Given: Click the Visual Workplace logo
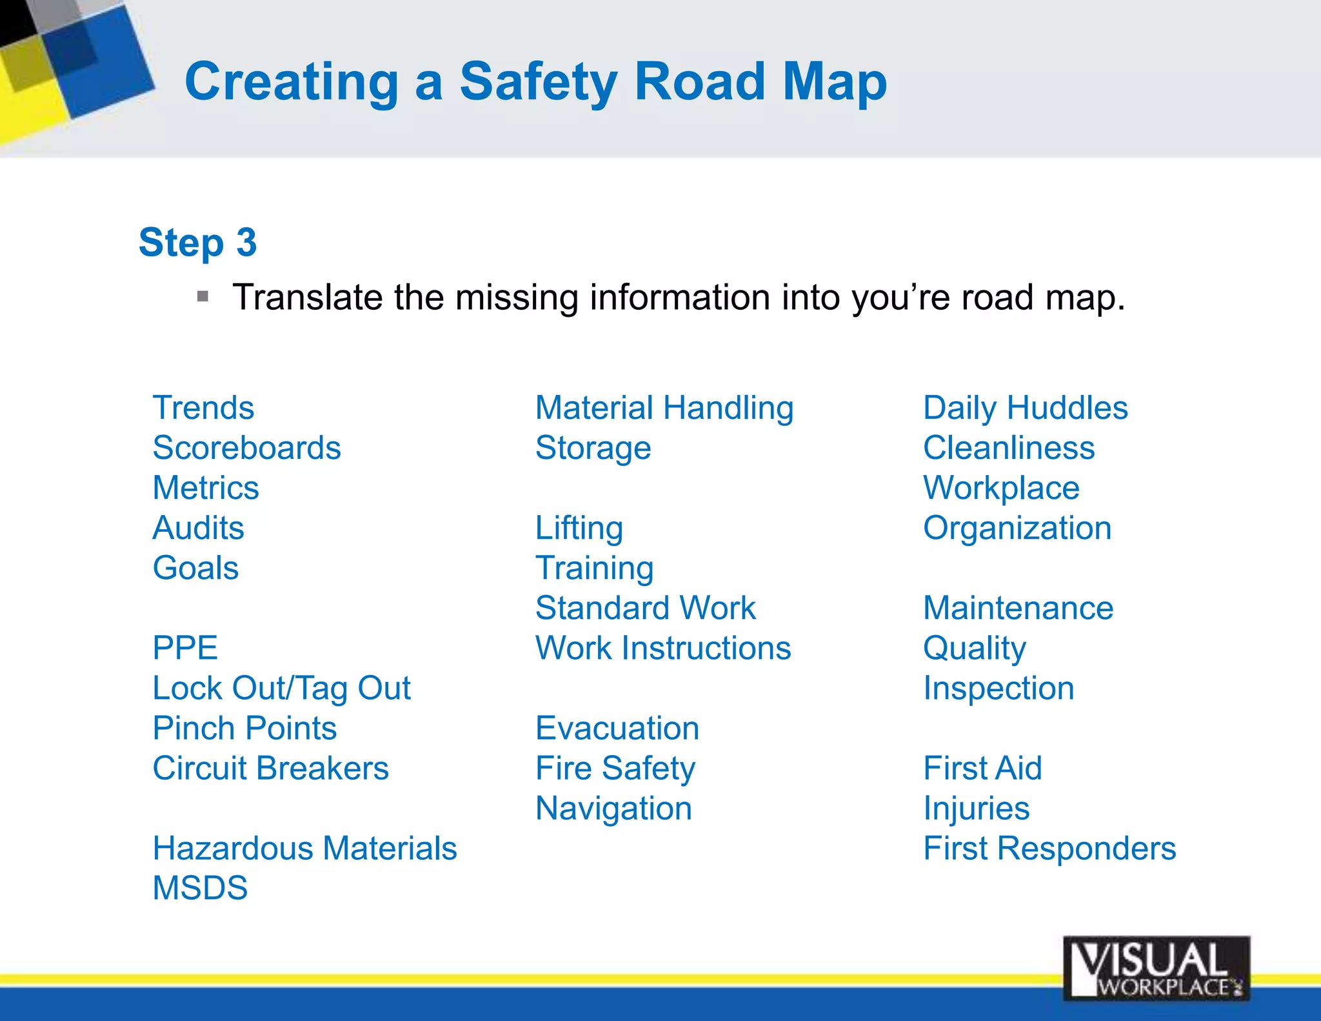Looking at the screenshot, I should click(x=1156, y=968).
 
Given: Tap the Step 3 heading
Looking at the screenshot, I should click(x=197, y=243).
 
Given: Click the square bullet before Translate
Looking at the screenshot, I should click(x=203, y=297).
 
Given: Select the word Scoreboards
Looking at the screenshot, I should click(x=246, y=448).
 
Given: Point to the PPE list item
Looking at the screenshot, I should click(x=185, y=648).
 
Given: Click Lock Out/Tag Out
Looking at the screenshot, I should click(x=281, y=688).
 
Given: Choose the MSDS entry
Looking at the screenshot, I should click(x=200, y=888).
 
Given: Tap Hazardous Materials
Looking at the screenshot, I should click(x=304, y=848).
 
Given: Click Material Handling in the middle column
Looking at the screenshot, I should click(x=664, y=408).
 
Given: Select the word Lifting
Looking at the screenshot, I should click(x=579, y=528).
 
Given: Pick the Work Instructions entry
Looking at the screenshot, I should click(x=662, y=648).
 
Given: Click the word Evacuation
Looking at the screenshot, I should click(x=617, y=728).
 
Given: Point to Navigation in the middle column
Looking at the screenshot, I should click(x=613, y=808).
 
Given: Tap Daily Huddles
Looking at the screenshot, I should click(x=1025, y=408).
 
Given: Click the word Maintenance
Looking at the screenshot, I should click(x=1018, y=608).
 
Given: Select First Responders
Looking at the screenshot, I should click(x=1049, y=848).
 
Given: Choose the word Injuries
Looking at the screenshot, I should click(x=976, y=808).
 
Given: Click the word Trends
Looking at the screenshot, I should click(x=203, y=408).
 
